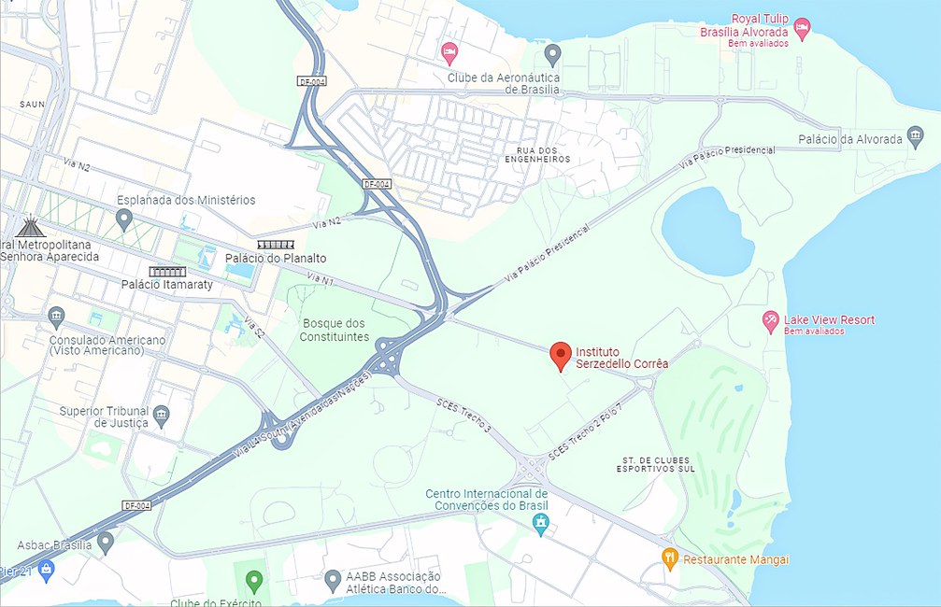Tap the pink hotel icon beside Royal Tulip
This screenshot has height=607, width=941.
pos(803,25)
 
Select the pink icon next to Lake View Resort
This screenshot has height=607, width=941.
pos(771,321)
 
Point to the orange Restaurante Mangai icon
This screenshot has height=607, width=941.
pos(669,558)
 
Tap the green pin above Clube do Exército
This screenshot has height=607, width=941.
pos(253,581)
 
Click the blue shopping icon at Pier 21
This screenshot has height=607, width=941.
pos(47,568)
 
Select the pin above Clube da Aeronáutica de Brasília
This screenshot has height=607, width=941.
pos(552,53)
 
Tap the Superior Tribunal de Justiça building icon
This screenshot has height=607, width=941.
pos(162,414)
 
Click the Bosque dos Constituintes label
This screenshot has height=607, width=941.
pos(335,330)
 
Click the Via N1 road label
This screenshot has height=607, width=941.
pos(320,279)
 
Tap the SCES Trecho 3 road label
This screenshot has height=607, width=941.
pos(463,414)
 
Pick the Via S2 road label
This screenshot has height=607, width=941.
pos(253,328)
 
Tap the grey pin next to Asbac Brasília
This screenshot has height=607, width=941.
pos(106,540)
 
